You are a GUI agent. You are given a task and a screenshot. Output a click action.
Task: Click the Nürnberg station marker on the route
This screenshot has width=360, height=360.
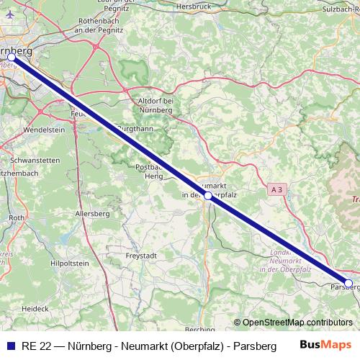pos(12,56)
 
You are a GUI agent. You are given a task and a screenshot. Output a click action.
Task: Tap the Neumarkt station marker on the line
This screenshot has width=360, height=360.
pos(207,195)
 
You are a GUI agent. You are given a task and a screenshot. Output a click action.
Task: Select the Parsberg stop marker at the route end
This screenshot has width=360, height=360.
pos(348,283)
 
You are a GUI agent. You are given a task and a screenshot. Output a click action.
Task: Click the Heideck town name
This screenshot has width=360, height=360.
pos(35,307)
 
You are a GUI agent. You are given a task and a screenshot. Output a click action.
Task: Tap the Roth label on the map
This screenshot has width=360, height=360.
pos(16,216)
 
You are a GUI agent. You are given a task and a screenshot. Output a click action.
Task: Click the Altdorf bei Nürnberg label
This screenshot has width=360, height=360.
pos(156,106)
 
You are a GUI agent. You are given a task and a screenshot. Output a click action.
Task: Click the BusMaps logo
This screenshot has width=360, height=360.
pos(326,345)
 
